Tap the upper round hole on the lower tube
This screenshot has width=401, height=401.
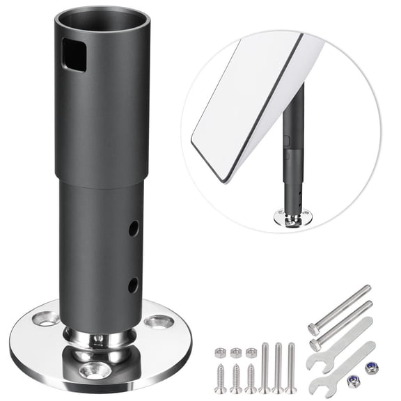tap(133, 228)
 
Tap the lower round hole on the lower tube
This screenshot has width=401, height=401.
tap(132, 284)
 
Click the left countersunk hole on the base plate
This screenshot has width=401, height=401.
tap(45, 320)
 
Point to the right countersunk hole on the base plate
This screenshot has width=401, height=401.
tap(158, 322)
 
